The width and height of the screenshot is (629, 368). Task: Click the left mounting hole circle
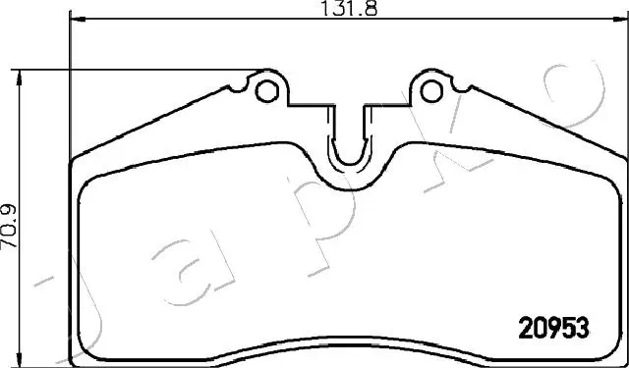(x=265, y=90)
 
